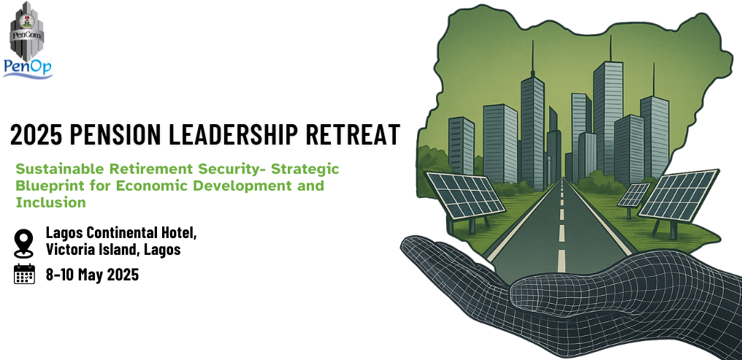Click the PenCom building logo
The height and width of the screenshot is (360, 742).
coord(27,31)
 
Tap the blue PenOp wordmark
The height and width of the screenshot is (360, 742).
coord(28,69)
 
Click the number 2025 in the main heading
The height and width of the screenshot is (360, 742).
coord(37,134)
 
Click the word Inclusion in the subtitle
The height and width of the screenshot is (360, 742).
coord(50,202)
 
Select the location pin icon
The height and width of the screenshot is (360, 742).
coord(23,242)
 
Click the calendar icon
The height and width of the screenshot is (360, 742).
coord(25,274)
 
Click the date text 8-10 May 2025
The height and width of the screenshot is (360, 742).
coord(92,275)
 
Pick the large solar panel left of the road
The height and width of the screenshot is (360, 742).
coord(464,196)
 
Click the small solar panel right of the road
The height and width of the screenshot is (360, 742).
coord(634,195)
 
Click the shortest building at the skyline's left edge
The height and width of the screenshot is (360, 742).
coord(462,146)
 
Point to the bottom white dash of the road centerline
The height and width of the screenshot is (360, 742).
coord(561,261)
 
